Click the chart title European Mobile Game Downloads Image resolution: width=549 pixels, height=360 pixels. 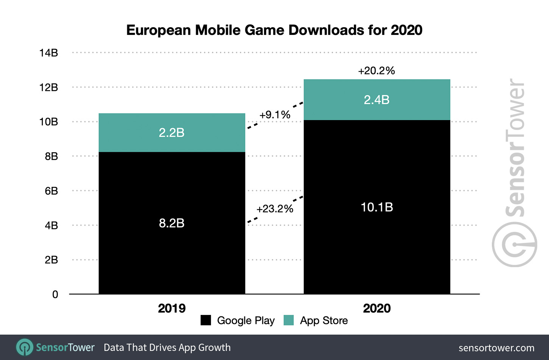click(x=274, y=30)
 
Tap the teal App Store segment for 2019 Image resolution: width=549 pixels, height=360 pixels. click(x=172, y=121)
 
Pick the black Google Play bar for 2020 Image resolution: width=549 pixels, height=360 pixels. click(x=377, y=246)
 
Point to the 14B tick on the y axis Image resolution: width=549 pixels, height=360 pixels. click(x=49, y=53)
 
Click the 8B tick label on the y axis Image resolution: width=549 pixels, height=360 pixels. click(x=51, y=156)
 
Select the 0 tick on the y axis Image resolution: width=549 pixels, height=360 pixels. click(x=55, y=294)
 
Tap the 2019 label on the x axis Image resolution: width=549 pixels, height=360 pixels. click(x=172, y=308)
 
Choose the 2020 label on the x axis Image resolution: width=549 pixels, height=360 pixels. click(x=377, y=308)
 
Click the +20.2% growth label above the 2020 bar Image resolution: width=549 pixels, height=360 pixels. click(x=376, y=71)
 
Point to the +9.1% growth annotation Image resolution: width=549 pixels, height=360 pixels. click(x=275, y=115)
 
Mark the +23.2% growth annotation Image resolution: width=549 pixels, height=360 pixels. click(x=274, y=209)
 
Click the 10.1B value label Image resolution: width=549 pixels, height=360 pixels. click(x=377, y=207)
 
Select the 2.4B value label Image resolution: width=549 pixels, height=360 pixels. click(x=377, y=100)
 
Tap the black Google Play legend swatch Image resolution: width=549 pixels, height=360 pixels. click(x=206, y=320)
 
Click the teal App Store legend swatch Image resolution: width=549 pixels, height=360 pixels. click(x=289, y=320)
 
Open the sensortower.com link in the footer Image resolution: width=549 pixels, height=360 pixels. click(x=496, y=348)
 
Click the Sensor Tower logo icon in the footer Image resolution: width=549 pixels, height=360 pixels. click(x=25, y=347)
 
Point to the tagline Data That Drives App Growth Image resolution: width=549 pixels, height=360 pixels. click(x=167, y=347)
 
